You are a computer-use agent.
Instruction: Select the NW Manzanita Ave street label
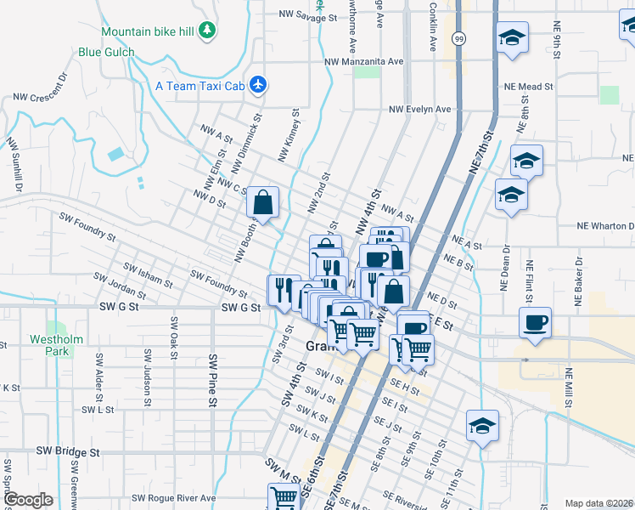363,62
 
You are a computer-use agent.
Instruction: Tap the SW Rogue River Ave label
174,498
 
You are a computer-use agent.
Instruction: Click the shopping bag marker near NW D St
263,203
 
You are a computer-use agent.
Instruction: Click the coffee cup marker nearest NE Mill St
535,323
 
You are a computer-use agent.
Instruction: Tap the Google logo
29,500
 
